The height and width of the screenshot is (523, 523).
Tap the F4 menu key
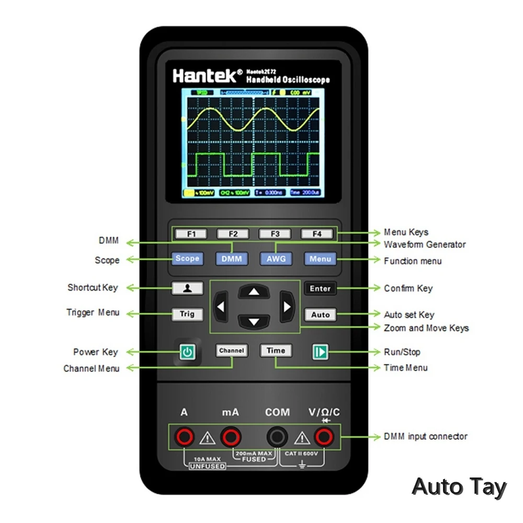[x=317, y=234]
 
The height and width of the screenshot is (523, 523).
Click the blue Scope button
[x=187, y=258]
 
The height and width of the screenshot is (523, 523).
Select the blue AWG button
[x=276, y=258]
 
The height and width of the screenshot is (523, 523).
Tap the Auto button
[x=321, y=314]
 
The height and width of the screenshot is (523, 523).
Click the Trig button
[x=187, y=314]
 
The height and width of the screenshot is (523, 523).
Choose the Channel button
[x=231, y=350]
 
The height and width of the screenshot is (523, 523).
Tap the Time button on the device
[x=276, y=350]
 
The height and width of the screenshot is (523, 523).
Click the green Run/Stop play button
[x=320, y=352]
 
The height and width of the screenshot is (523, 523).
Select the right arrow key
[x=286, y=306]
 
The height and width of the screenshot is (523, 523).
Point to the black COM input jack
[x=277, y=436]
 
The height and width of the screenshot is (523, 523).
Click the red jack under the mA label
[x=230, y=436]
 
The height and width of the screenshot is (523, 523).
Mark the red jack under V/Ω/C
[x=324, y=436]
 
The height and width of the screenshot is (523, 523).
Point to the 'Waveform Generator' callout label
[x=425, y=245]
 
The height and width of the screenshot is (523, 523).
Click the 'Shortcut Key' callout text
[x=93, y=288]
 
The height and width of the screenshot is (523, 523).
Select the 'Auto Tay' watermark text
[x=459, y=487]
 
